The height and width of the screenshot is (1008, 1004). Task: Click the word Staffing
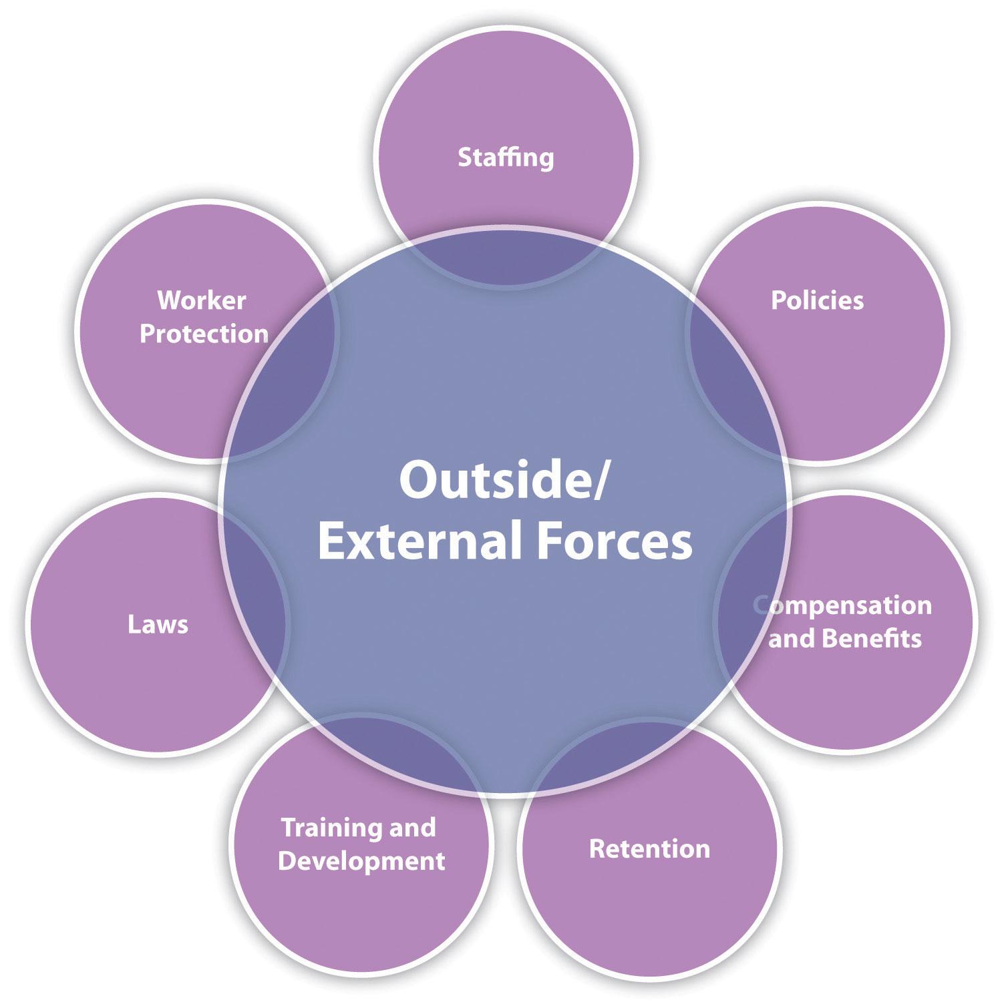pyautogui.click(x=506, y=158)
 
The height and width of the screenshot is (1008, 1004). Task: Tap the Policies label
pyautogui.click(x=817, y=300)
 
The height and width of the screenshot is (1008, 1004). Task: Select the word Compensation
pyautogui.click(x=843, y=605)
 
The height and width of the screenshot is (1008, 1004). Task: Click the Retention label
pyautogui.click(x=649, y=849)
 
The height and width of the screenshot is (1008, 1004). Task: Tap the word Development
pyautogui.click(x=361, y=860)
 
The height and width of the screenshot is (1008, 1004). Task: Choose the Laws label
pyautogui.click(x=158, y=625)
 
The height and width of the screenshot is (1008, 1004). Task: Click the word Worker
pyautogui.click(x=202, y=300)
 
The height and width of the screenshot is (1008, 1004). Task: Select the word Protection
pyautogui.click(x=204, y=334)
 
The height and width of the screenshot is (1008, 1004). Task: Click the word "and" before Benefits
pyautogui.click(x=791, y=639)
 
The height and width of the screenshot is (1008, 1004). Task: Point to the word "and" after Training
pyautogui.click(x=412, y=828)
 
